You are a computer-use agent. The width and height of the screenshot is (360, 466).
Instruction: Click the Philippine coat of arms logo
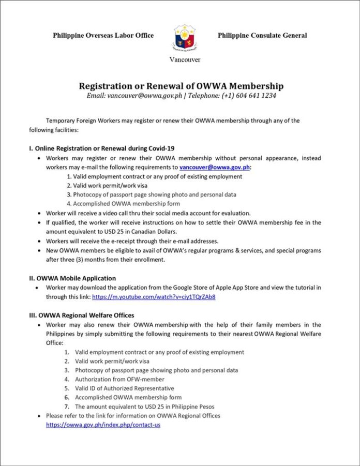pyautogui.click(x=185, y=37)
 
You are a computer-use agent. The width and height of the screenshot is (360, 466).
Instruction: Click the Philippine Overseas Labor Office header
pyautogui.click(x=103, y=35)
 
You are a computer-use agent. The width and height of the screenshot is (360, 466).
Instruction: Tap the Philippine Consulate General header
pyautogui.click(x=262, y=35)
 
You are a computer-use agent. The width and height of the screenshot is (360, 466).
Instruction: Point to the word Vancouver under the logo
pyautogui.click(x=185, y=59)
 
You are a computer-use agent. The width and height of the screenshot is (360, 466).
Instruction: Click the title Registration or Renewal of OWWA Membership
pyautogui.click(x=181, y=86)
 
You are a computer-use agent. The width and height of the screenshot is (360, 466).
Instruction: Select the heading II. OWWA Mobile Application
pyautogui.click(x=72, y=278)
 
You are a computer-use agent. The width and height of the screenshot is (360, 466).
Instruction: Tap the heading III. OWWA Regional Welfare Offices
pyautogui.click(x=82, y=315)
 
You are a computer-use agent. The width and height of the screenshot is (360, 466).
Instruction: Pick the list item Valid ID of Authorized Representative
pyautogui.click(x=124, y=388)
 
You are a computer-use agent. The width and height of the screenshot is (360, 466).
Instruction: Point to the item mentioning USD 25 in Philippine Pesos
pyautogui.click(x=144, y=406)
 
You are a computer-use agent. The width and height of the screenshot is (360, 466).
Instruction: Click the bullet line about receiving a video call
pyautogui.click(x=148, y=213)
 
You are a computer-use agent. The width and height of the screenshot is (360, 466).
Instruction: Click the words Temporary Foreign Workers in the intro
pyautogui.click(x=83, y=121)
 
